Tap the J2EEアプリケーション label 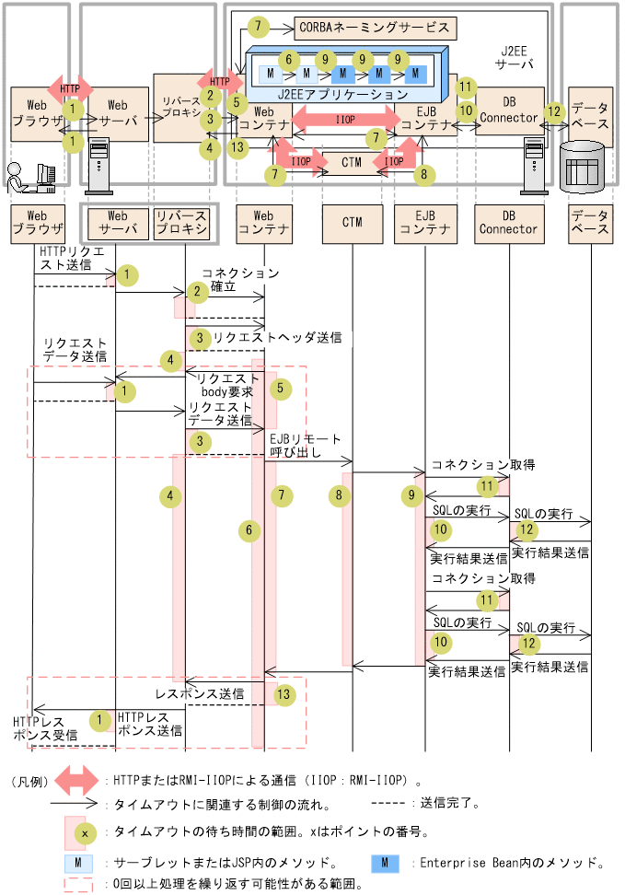(341, 94)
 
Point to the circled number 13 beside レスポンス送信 (286, 694)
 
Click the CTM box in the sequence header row (353, 222)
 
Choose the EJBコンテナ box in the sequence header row (423, 222)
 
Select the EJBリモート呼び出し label (305, 446)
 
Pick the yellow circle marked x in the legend (85, 831)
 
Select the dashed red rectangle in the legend (78, 884)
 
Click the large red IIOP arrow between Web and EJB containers (345, 120)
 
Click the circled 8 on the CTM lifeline (338, 495)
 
